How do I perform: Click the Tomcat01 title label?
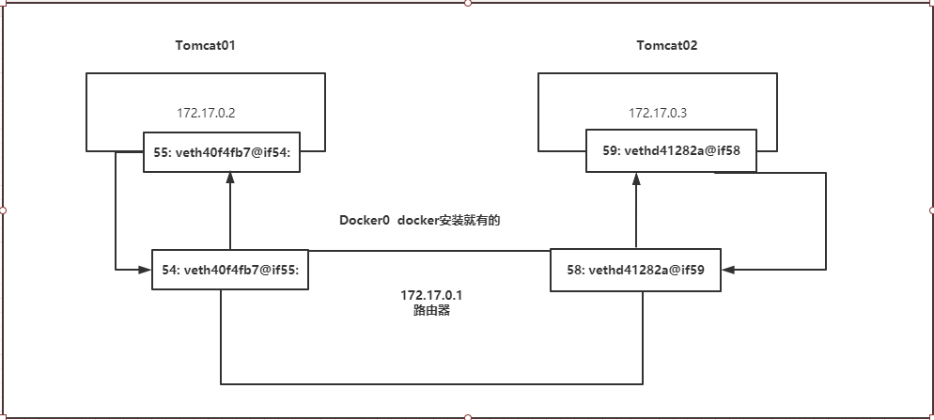point(205,45)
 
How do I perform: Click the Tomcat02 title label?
point(666,45)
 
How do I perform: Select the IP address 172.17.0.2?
point(205,113)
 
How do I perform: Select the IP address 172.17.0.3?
point(658,113)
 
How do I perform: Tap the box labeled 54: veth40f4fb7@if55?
point(230,270)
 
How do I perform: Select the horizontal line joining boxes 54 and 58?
point(429,251)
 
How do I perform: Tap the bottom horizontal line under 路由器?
point(431,384)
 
